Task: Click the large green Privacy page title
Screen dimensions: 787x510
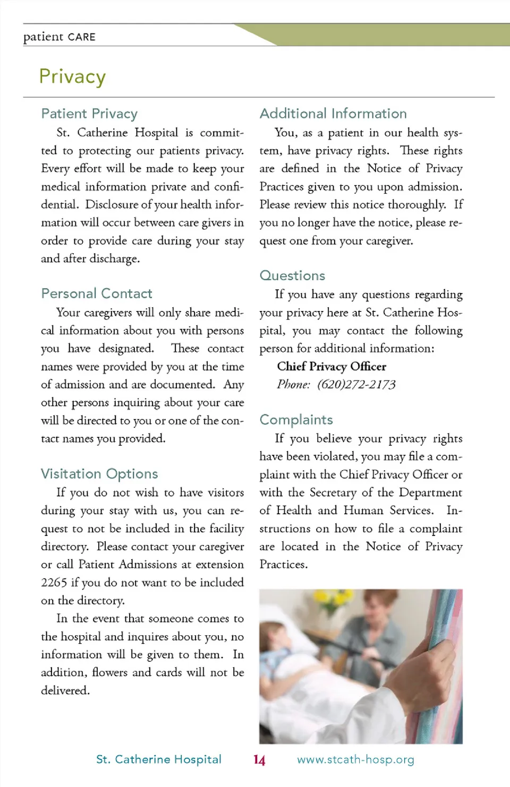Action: point(72,77)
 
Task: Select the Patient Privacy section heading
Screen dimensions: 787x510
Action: point(89,114)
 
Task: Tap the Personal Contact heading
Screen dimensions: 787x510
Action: point(97,293)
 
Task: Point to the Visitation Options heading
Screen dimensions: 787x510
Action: point(99,473)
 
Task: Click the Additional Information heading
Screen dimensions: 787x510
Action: point(333,114)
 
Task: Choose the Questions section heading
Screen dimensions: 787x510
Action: point(292,275)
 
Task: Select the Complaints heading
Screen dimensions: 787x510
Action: point(296,420)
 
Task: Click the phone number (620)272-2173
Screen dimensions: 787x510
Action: point(356,385)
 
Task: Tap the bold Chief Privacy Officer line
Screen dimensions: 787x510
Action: point(331,367)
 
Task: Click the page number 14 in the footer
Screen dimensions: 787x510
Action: point(259,760)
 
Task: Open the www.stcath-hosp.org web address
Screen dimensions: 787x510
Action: point(355,759)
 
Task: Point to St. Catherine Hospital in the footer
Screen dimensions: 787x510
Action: point(158,759)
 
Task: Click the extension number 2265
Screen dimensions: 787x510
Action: point(54,583)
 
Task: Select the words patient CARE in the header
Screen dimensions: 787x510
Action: point(59,37)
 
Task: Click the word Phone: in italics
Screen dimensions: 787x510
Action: point(293,385)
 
